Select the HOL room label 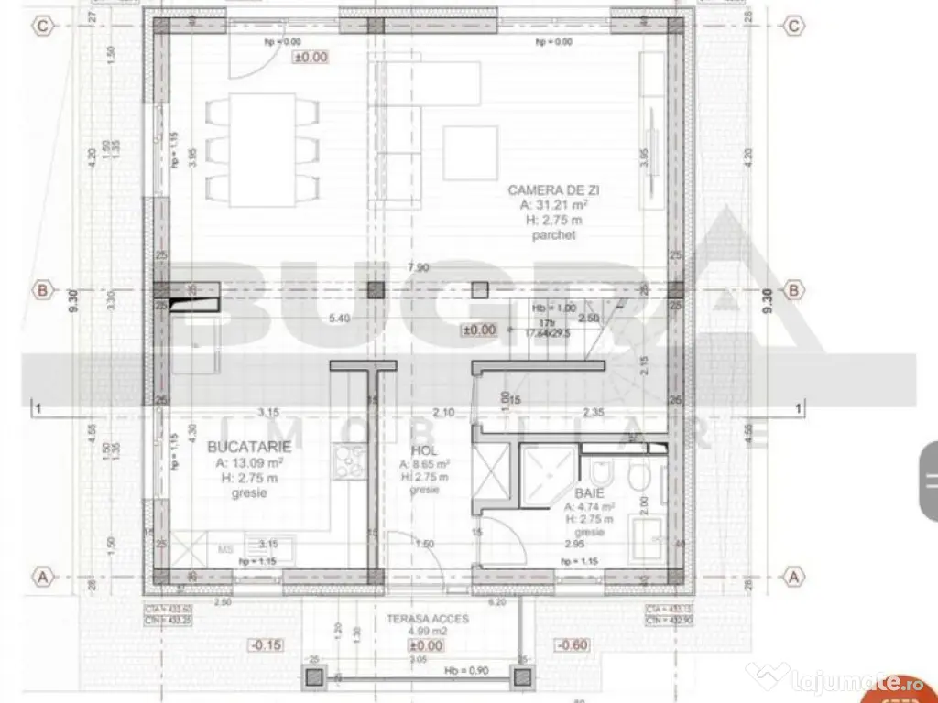coord(424,451)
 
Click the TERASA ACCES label coord(427,619)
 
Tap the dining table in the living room coord(262,147)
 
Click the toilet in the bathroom coord(601,473)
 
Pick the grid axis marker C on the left coord(43,27)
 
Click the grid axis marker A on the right coord(794,577)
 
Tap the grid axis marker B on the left coord(43,292)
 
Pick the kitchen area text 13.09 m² coord(249,462)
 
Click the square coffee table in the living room coord(470,152)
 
